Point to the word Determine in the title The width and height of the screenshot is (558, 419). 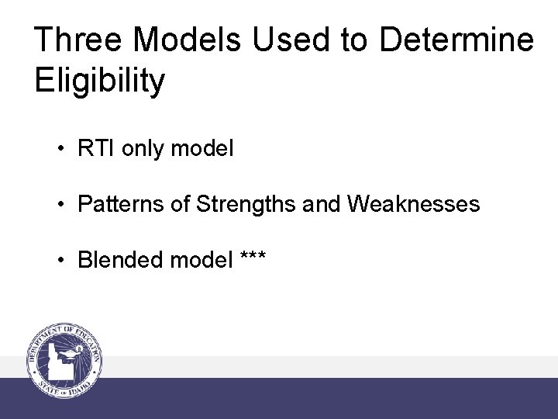click(456, 40)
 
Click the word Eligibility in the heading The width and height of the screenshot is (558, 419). click(100, 81)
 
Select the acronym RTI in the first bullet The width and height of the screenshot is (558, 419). click(94, 148)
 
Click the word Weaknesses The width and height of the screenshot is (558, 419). click(414, 204)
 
